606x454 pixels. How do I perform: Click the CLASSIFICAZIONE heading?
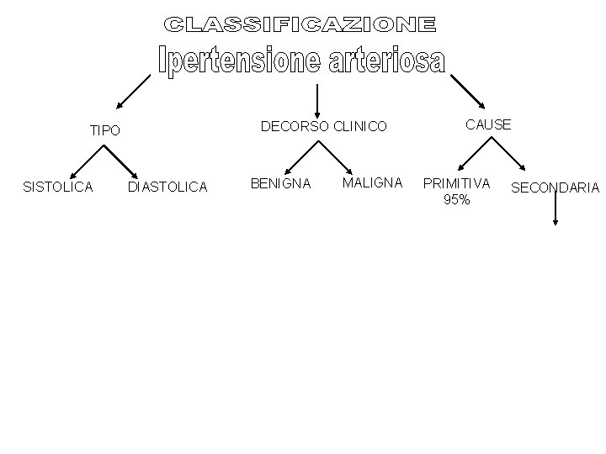[300, 24]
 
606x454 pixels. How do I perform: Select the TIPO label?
[105, 131]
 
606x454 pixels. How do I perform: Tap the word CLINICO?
[360, 127]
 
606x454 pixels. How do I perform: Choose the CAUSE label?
[488, 124]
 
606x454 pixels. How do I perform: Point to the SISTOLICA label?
[58, 187]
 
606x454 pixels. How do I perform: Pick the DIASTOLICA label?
[167, 187]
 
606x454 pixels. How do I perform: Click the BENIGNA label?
[281, 182]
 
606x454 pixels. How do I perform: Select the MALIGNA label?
[372, 182]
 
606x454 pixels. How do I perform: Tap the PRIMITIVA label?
[456, 182]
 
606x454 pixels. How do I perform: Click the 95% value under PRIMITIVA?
[456, 199]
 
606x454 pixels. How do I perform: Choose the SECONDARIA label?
[555, 187]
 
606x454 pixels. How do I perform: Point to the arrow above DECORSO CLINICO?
[317, 100]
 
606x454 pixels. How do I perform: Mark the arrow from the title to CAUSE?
[468, 91]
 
